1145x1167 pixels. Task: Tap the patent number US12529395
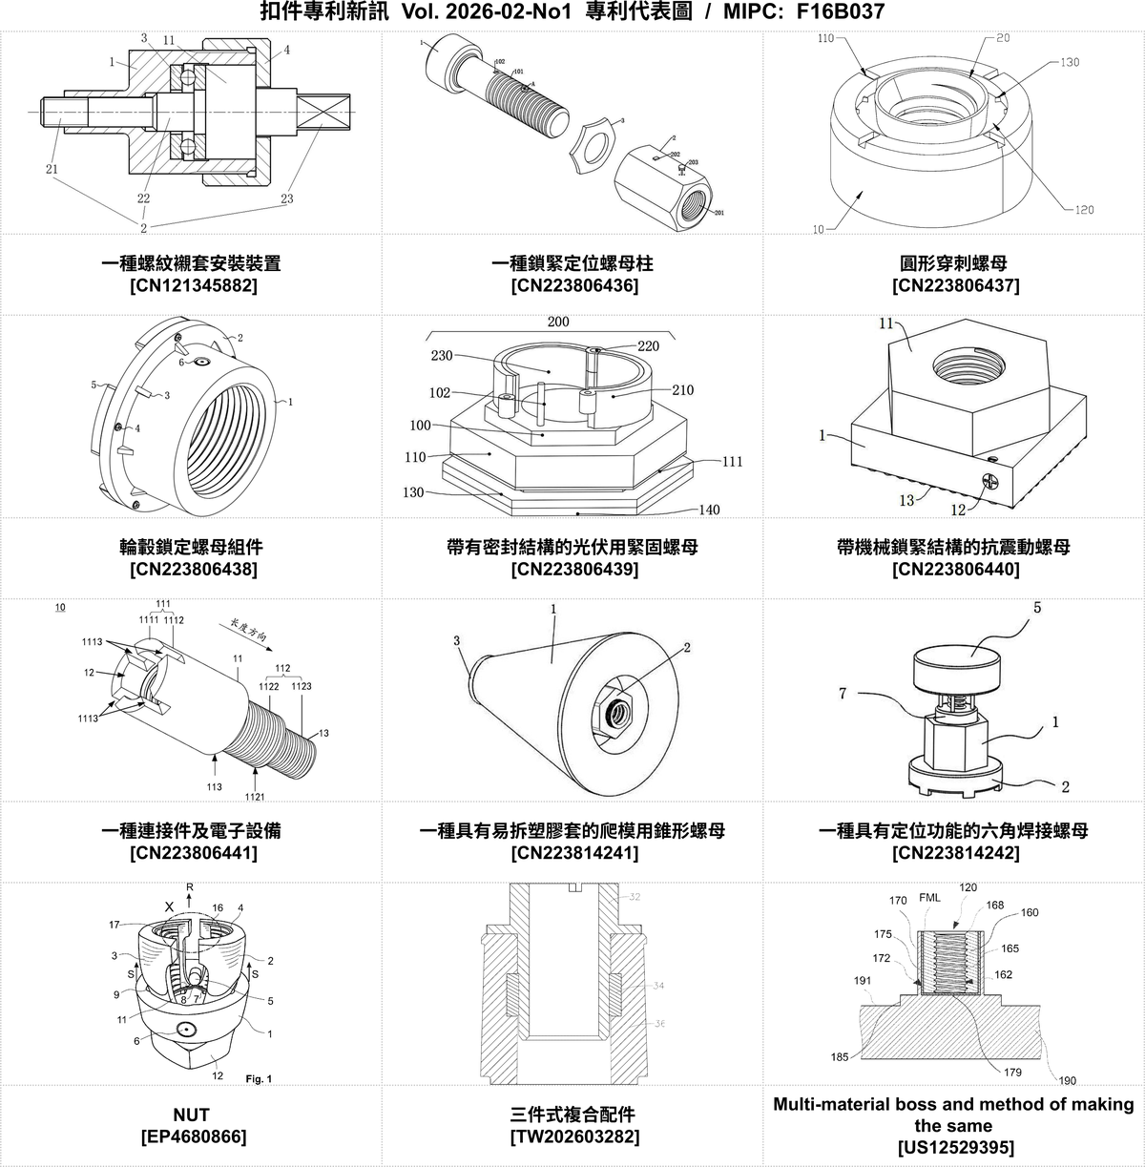(x=953, y=1147)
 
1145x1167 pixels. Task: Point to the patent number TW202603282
(x=572, y=1136)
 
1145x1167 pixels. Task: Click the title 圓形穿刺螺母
(x=953, y=262)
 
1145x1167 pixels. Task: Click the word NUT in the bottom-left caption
(x=192, y=1115)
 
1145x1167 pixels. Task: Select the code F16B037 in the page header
(x=839, y=12)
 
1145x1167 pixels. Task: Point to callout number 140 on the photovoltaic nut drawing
(x=709, y=510)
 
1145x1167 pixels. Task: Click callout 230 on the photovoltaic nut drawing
(x=441, y=356)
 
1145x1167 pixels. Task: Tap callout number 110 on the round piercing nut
(x=826, y=39)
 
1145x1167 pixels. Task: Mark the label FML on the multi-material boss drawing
(x=929, y=898)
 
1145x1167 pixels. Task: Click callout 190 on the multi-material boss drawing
(x=1067, y=1080)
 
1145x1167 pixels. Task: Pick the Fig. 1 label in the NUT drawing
(x=259, y=1079)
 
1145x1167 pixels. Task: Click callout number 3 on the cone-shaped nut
(x=457, y=641)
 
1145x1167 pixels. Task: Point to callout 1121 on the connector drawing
(x=255, y=797)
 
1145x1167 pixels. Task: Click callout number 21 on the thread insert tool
(x=52, y=169)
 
